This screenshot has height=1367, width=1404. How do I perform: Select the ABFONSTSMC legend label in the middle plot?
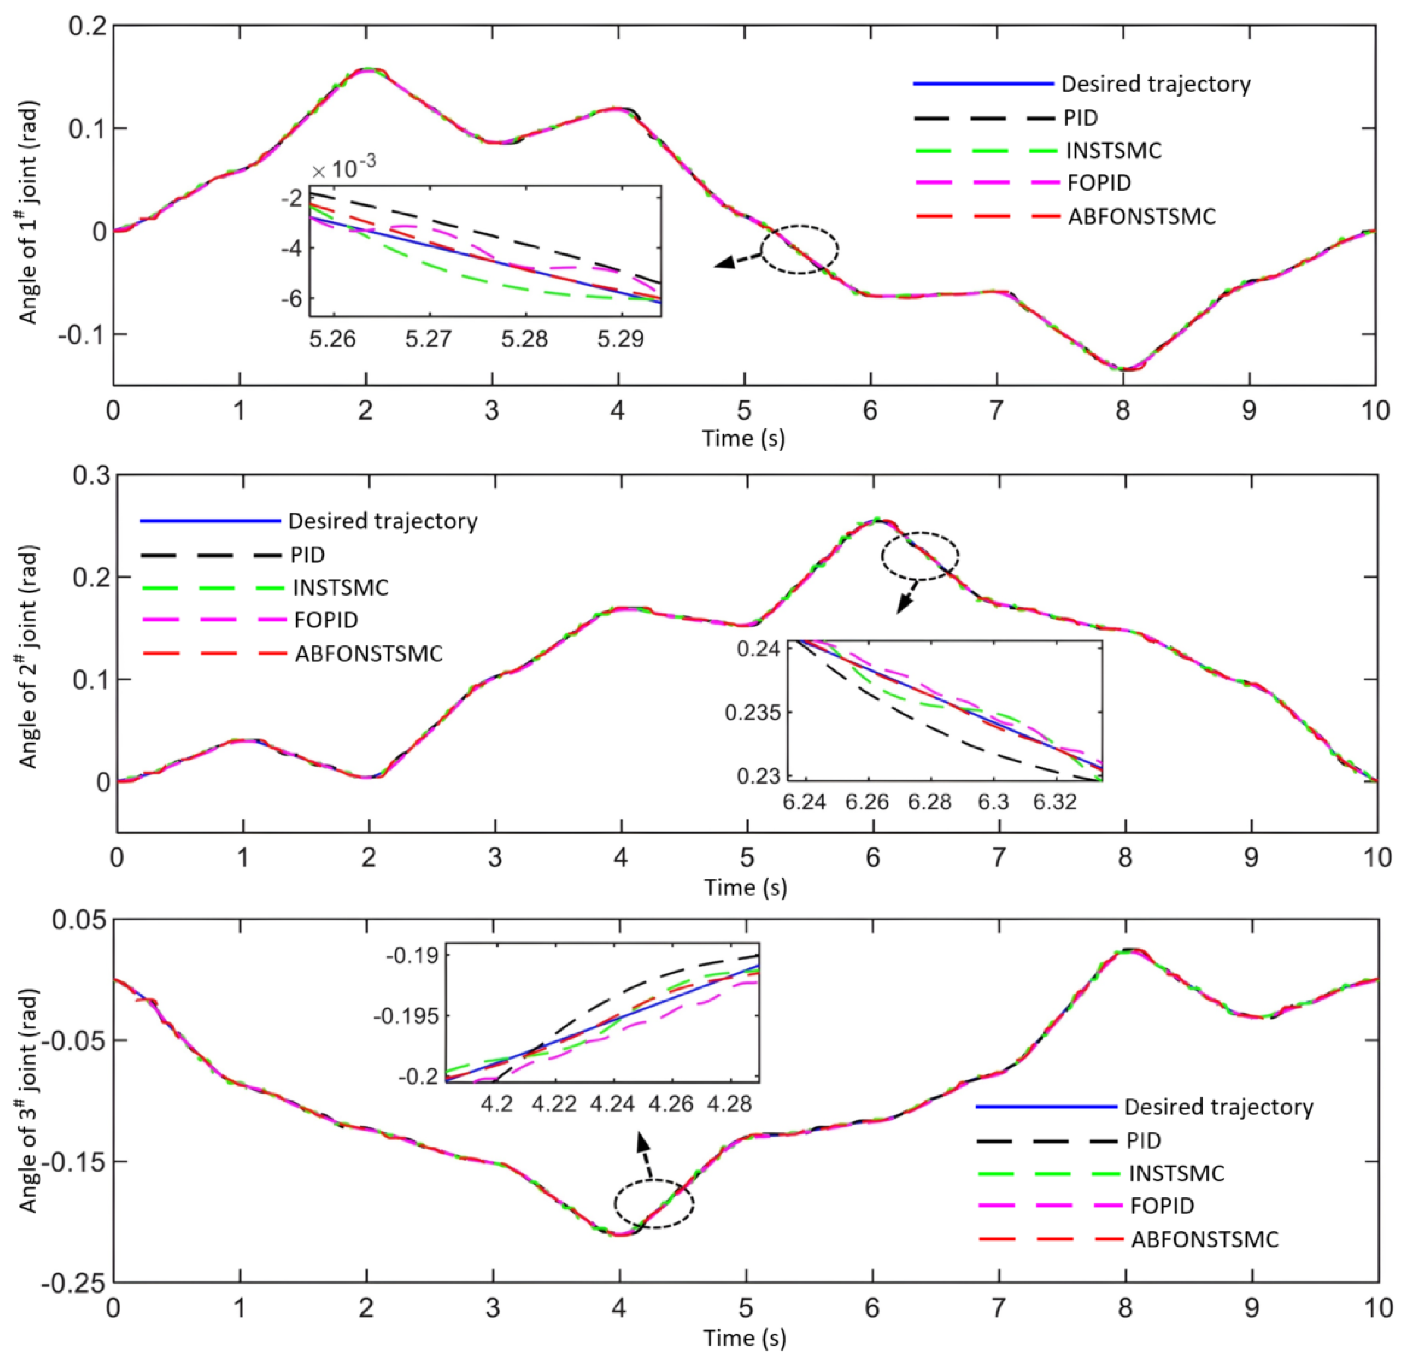[x=368, y=653]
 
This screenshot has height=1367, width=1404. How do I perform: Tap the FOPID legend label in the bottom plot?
[x=1161, y=1206]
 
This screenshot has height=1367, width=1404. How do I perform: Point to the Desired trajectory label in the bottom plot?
[x=1218, y=1107]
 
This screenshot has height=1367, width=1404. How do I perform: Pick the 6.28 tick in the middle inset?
[x=929, y=801]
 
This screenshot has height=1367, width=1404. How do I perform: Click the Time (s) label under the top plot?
[x=743, y=438]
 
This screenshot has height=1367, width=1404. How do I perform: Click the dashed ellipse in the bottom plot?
[x=654, y=1204]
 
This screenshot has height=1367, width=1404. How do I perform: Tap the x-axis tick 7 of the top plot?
[x=996, y=411]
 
